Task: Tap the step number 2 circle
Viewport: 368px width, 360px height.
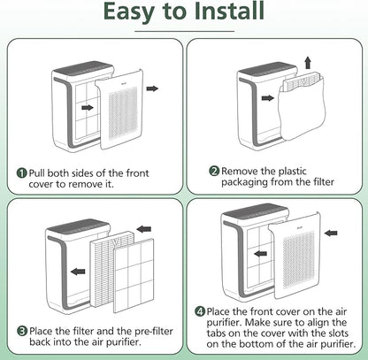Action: click(213, 171)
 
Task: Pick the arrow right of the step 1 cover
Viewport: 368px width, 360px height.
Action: click(151, 88)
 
